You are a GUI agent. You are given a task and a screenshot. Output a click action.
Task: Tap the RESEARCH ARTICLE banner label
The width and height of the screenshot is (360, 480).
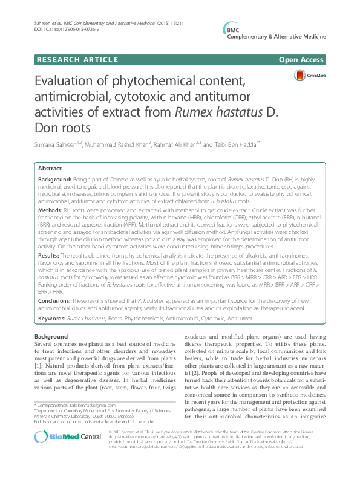click(77, 59)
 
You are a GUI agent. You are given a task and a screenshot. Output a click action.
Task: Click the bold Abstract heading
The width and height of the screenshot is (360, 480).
click(49, 169)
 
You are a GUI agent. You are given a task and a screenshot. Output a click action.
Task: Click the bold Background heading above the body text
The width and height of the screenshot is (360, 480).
click(51, 336)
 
